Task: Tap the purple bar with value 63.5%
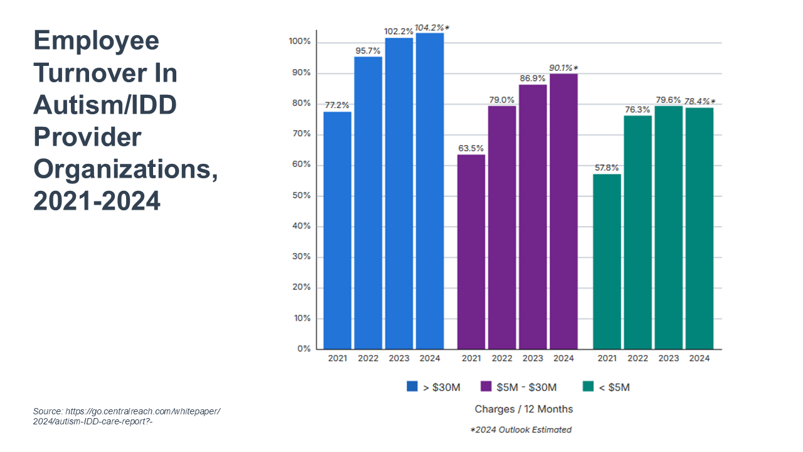click(x=471, y=251)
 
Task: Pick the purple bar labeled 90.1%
click(x=563, y=211)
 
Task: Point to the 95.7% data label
click(x=368, y=51)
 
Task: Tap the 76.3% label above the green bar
click(x=637, y=109)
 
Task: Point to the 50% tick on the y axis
click(x=302, y=196)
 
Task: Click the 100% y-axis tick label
click(x=300, y=42)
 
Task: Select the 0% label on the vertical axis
click(x=304, y=349)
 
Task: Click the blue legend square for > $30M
click(x=412, y=387)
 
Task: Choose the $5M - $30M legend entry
click(x=518, y=387)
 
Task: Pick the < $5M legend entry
click(x=606, y=387)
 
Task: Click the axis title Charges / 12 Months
click(x=524, y=409)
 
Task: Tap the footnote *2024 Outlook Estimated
click(x=521, y=430)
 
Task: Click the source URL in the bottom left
click(x=126, y=416)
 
